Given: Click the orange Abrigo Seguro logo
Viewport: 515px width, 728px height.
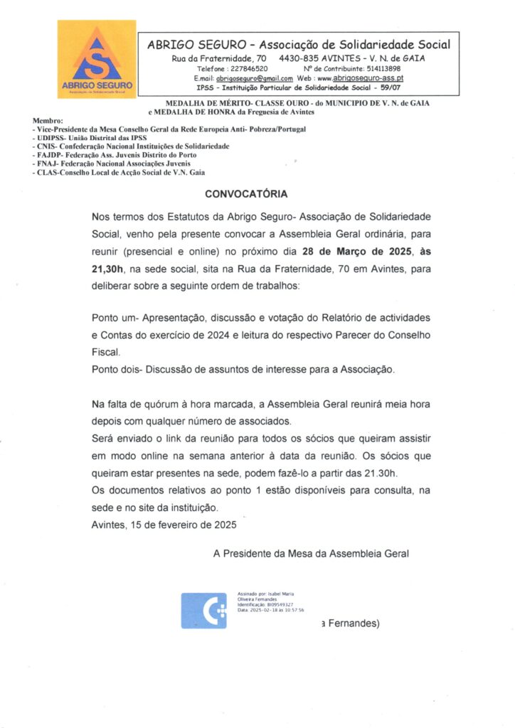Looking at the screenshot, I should pos(96,60).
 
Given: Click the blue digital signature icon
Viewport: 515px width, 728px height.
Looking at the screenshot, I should pos(203,611).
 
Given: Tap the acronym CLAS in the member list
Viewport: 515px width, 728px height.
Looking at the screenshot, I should pos(46,172).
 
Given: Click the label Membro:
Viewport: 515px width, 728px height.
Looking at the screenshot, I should pos(48,122).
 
